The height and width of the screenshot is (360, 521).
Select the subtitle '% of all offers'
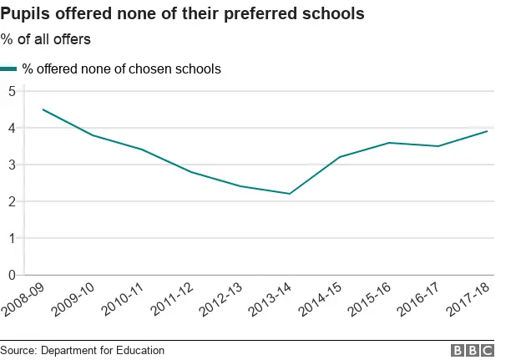(x=45, y=39)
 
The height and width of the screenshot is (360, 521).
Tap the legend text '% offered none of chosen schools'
(x=121, y=69)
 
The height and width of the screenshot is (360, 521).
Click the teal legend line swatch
(x=9, y=69)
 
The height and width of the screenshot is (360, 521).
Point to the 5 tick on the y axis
(x=12, y=91)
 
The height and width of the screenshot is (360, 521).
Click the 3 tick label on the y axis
(x=12, y=165)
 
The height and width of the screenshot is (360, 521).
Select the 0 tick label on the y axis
(x=12, y=275)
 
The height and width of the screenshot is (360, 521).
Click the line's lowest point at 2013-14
(x=290, y=194)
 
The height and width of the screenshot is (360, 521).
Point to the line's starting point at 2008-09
(x=43, y=109)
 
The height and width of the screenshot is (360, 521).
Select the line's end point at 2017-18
(x=487, y=131)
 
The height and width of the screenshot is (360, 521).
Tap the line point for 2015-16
(x=388, y=143)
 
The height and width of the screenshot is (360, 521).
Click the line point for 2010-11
(x=142, y=150)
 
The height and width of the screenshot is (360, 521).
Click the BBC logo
(x=473, y=351)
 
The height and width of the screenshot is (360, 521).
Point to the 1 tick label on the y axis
(x=12, y=238)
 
